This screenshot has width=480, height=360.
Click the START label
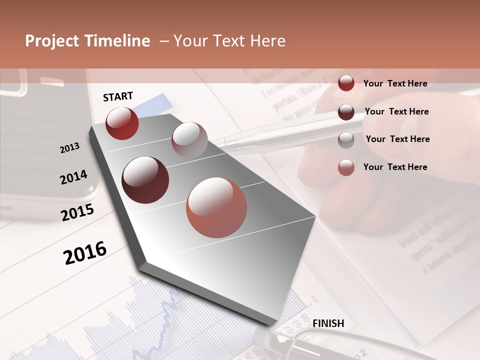click(x=118, y=96)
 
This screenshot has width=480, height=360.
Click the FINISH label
click(x=328, y=323)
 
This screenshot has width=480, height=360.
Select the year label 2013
click(x=69, y=148)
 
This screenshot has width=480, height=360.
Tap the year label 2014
click(x=73, y=177)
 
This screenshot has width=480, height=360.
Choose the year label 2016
click(x=85, y=252)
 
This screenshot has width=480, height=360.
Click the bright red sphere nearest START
click(x=122, y=123)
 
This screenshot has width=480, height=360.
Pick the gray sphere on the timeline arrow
click(x=189, y=140)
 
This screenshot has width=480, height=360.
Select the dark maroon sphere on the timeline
click(x=145, y=180)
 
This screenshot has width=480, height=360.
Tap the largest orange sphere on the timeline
click(x=216, y=207)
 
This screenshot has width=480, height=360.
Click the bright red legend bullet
click(x=346, y=83)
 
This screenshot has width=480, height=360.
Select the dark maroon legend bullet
click(x=346, y=112)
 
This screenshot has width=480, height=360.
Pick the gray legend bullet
click(x=346, y=139)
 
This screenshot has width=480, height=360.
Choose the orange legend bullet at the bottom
click(x=346, y=167)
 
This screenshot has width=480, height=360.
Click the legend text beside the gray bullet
click(x=397, y=139)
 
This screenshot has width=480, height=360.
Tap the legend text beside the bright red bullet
click(x=395, y=83)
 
